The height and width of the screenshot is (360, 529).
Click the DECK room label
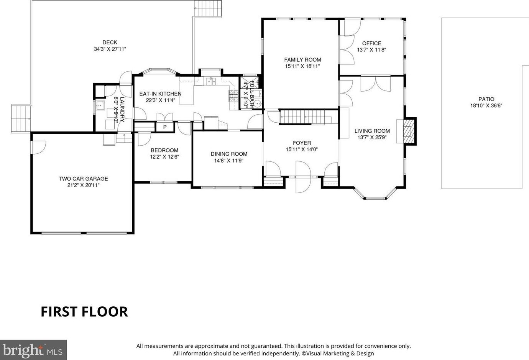[x=110, y=42]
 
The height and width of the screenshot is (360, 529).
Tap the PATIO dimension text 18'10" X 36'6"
[x=486, y=105]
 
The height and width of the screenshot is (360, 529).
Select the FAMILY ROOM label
[x=302, y=60]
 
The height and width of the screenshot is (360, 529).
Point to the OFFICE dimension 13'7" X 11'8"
[x=371, y=50]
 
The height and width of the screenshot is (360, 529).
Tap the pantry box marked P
[x=165, y=127]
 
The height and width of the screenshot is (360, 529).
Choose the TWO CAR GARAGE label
[x=83, y=179]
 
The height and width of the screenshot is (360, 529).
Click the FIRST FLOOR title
[x=84, y=312]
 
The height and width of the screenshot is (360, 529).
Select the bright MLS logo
[x=33, y=350]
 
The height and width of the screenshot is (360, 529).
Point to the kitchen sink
[x=211, y=82]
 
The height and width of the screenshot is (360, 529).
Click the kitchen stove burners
[x=233, y=96]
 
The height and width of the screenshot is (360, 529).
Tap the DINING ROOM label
[x=229, y=154]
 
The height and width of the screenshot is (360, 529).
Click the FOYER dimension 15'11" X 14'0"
[x=302, y=149]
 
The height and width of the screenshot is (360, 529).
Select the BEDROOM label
[x=164, y=150]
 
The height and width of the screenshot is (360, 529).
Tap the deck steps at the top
[x=208, y=8]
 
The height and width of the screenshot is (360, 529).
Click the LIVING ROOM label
[x=372, y=131]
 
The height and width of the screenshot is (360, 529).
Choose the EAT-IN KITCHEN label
[x=160, y=94]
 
